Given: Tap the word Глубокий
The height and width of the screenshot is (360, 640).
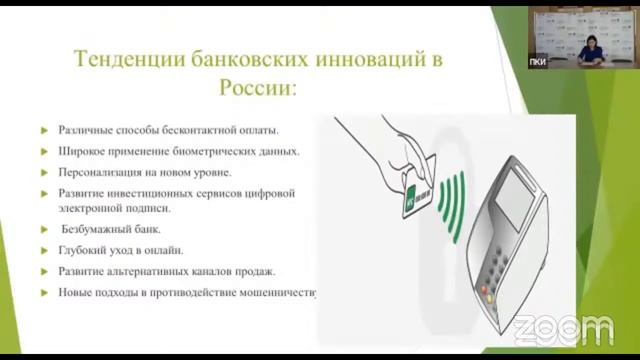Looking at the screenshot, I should coord(83,250).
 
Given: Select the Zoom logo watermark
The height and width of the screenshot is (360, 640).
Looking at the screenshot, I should coord(563,329).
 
